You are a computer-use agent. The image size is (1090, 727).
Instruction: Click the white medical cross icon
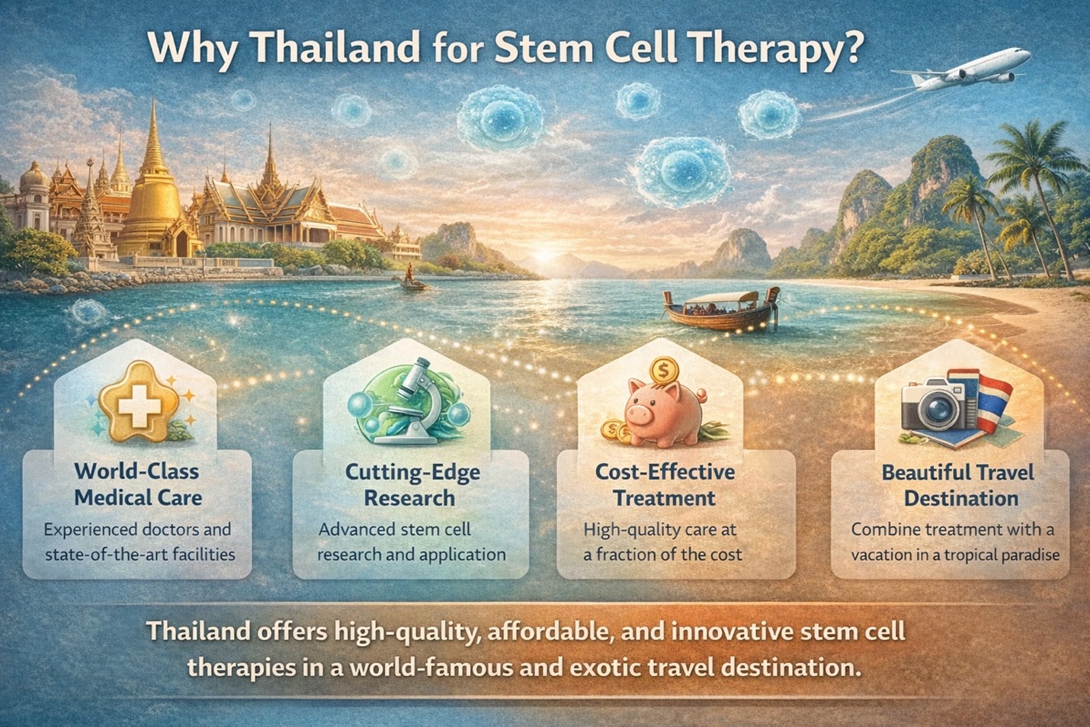click(139, 405)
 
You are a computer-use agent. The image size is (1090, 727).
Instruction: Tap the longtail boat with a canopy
click(721, 308)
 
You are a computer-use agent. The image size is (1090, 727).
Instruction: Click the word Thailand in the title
click(333, 47)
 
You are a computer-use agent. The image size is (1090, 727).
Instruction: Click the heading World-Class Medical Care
click(138, 485)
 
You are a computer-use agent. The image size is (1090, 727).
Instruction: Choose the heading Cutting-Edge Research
click(412, 485)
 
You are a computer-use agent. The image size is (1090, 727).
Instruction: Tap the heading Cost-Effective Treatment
click(665, 485)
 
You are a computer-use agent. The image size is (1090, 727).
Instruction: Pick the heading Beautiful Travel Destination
click(958, 485)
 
